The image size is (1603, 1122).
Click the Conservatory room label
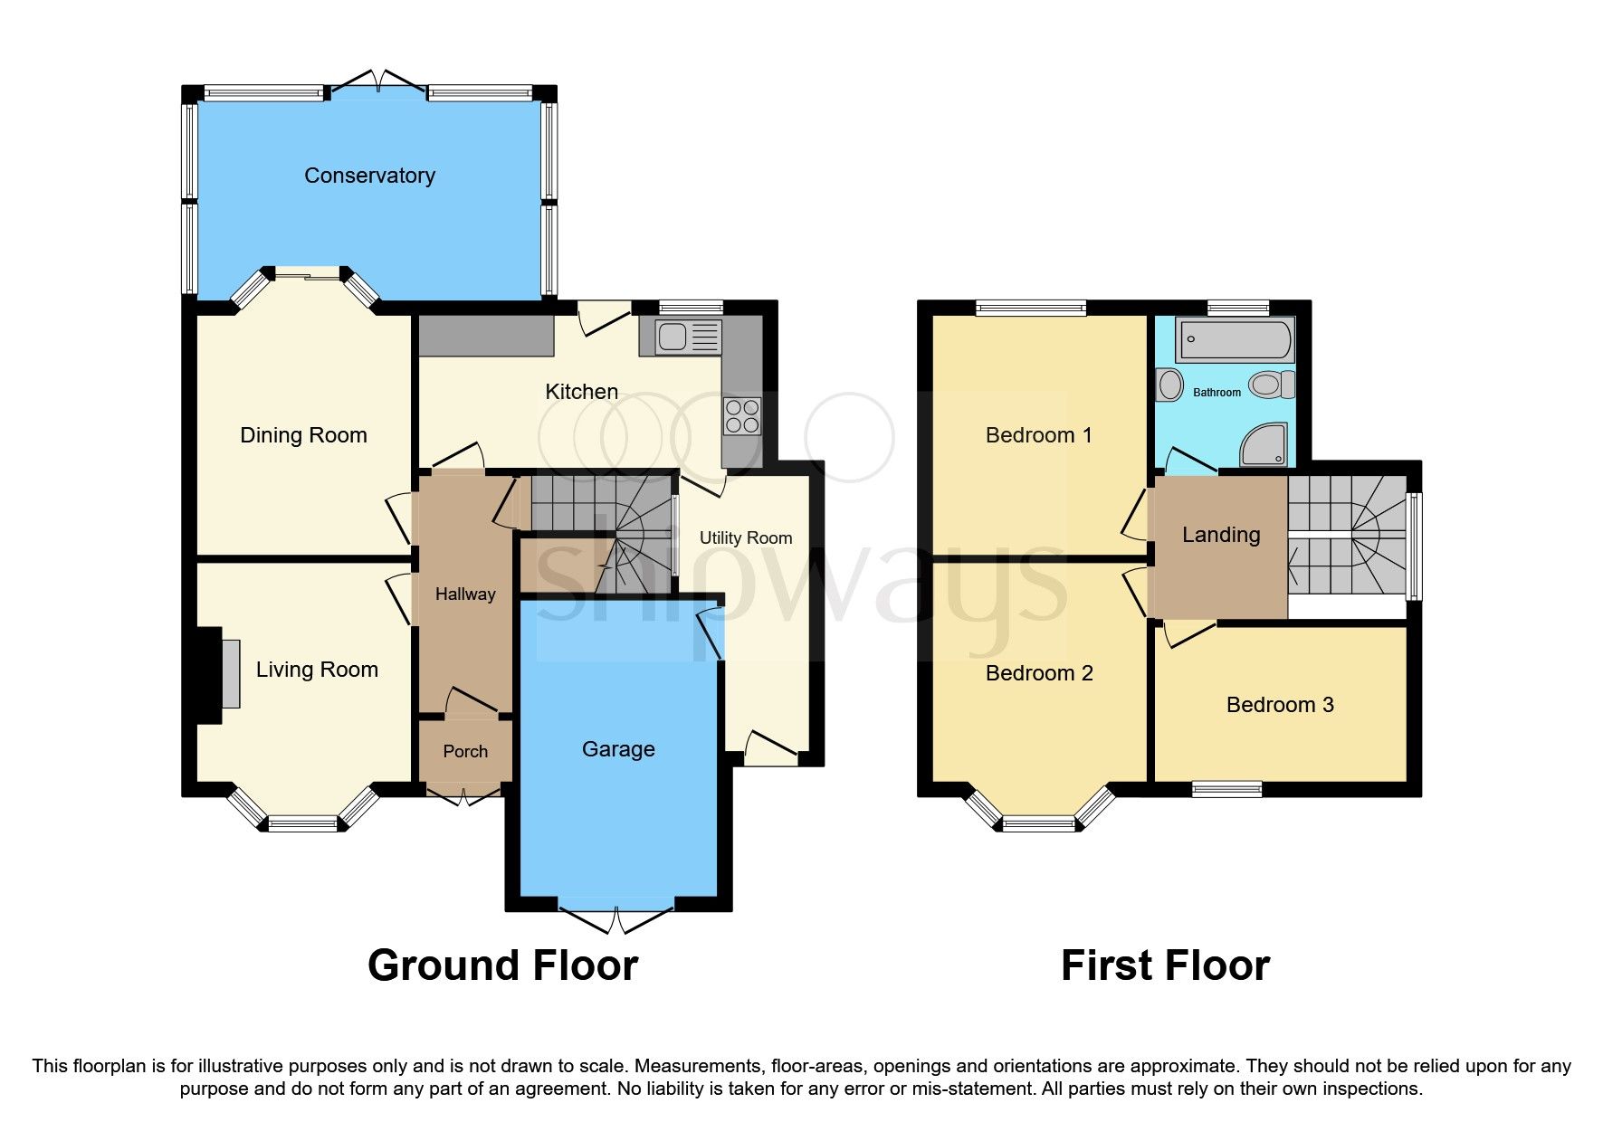click(x=369, y=176)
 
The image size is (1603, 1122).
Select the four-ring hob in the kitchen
click(x=742, y=416)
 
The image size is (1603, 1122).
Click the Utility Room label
click(x=745, y=537)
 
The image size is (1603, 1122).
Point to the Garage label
click(x=618, y=749)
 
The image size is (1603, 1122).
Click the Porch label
click(x=465, y=751)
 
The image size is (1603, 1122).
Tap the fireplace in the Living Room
click(x=230, y=673)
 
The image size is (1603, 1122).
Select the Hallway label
click(x=465, y=594)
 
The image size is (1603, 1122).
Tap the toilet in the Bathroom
click(x=1271, y=385)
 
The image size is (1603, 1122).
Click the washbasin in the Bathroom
click(x=1169, y=385)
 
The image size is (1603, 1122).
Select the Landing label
click(x=1220, y=535)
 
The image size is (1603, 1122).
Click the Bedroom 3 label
click(x=1279, y=705)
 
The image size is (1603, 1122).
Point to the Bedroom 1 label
click(x=1038, y=435)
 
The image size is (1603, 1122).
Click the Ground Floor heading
click(x=502, y=965)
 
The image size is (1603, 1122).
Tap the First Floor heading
click(x=1165, y=965)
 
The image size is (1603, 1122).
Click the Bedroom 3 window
click(x=1226, y=789)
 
